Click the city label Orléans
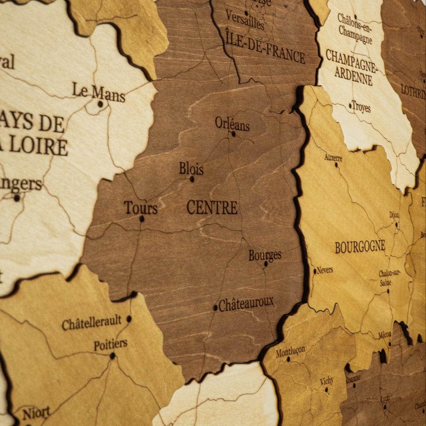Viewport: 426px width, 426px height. click(232, 124)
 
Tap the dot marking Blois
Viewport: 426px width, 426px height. click(192, 179)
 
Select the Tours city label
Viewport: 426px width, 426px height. click(140, 208)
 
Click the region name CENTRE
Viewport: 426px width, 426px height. click(212, 207)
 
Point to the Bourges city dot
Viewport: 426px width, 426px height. click(266, 264)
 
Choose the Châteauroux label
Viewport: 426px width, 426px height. click(246, 304)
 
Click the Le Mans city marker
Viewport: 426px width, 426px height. click(100, 104)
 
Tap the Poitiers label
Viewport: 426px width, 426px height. click(110, 345)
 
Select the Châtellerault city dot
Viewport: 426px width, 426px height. click(129, 318)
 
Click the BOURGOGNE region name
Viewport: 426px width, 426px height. click(360, 247)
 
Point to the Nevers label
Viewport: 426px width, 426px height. click(325, 270)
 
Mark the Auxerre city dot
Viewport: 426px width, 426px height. click(336, 165)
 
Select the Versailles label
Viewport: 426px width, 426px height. click(245, 20)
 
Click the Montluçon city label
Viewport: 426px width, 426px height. click(290, 351)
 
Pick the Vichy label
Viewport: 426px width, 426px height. click(327, 381)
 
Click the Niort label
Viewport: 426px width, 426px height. click(36, 413)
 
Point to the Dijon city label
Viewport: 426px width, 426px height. click(394, 215)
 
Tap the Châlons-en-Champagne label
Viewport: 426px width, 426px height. click(355, 28)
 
